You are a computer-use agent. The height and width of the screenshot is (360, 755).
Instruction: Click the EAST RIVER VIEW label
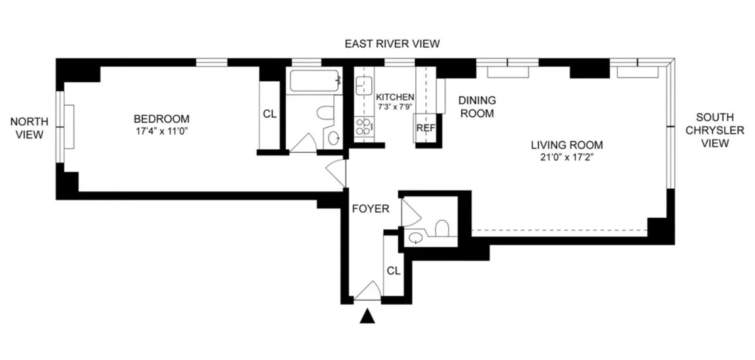(x=391, y=43)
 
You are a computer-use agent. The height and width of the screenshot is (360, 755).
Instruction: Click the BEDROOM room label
(x=161, y=118)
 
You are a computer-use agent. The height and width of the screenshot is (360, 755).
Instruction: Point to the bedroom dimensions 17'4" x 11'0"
(x=161, y=130)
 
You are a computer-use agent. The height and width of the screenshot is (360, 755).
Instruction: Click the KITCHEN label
(x=395, y=97)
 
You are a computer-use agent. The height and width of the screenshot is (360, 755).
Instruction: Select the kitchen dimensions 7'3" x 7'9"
(x=395, y=107)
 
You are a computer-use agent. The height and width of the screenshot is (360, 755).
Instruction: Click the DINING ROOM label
(x=476, y=107)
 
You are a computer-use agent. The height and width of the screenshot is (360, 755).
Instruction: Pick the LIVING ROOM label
(x=562, y=144)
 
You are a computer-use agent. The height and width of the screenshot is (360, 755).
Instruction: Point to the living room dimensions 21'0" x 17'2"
(x=562, y=157)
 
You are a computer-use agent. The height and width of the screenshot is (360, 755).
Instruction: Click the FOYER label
(x=370, y=208)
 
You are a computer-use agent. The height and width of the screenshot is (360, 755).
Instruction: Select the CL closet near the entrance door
(x=393, y=271)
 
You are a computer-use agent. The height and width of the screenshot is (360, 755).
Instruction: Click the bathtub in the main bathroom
(x=314, y=81)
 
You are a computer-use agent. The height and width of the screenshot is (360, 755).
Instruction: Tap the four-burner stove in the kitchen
(x=363, y=127)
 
